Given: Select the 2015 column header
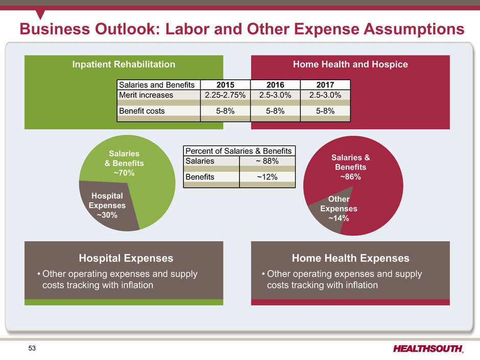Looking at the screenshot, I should pyautogui.click(x=225, y=85).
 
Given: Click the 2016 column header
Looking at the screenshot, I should pyautogui.click(x=275, y=85).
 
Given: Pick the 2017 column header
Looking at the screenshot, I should pyautogui.click(x=325, y=85).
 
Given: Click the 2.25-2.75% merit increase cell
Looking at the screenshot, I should pyautogui.click(x=225, y=95).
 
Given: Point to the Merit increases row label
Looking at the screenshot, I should pyautogui.click(x=146, y=95).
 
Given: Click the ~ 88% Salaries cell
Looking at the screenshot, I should pyautogui.click(x=267, y=161).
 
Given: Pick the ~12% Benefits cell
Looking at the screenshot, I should pyautogui.click(x=267, y=176).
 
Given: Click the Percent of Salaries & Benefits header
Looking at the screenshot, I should pyautogui.click(x=239, y=151).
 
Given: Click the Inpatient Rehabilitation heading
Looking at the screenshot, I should pyautogui.click(x=124, y=64).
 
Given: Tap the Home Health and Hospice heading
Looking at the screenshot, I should pyautogui.click(x=350, y=64).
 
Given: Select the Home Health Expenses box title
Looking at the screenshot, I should pyautogui.click(x=350, y=258).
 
